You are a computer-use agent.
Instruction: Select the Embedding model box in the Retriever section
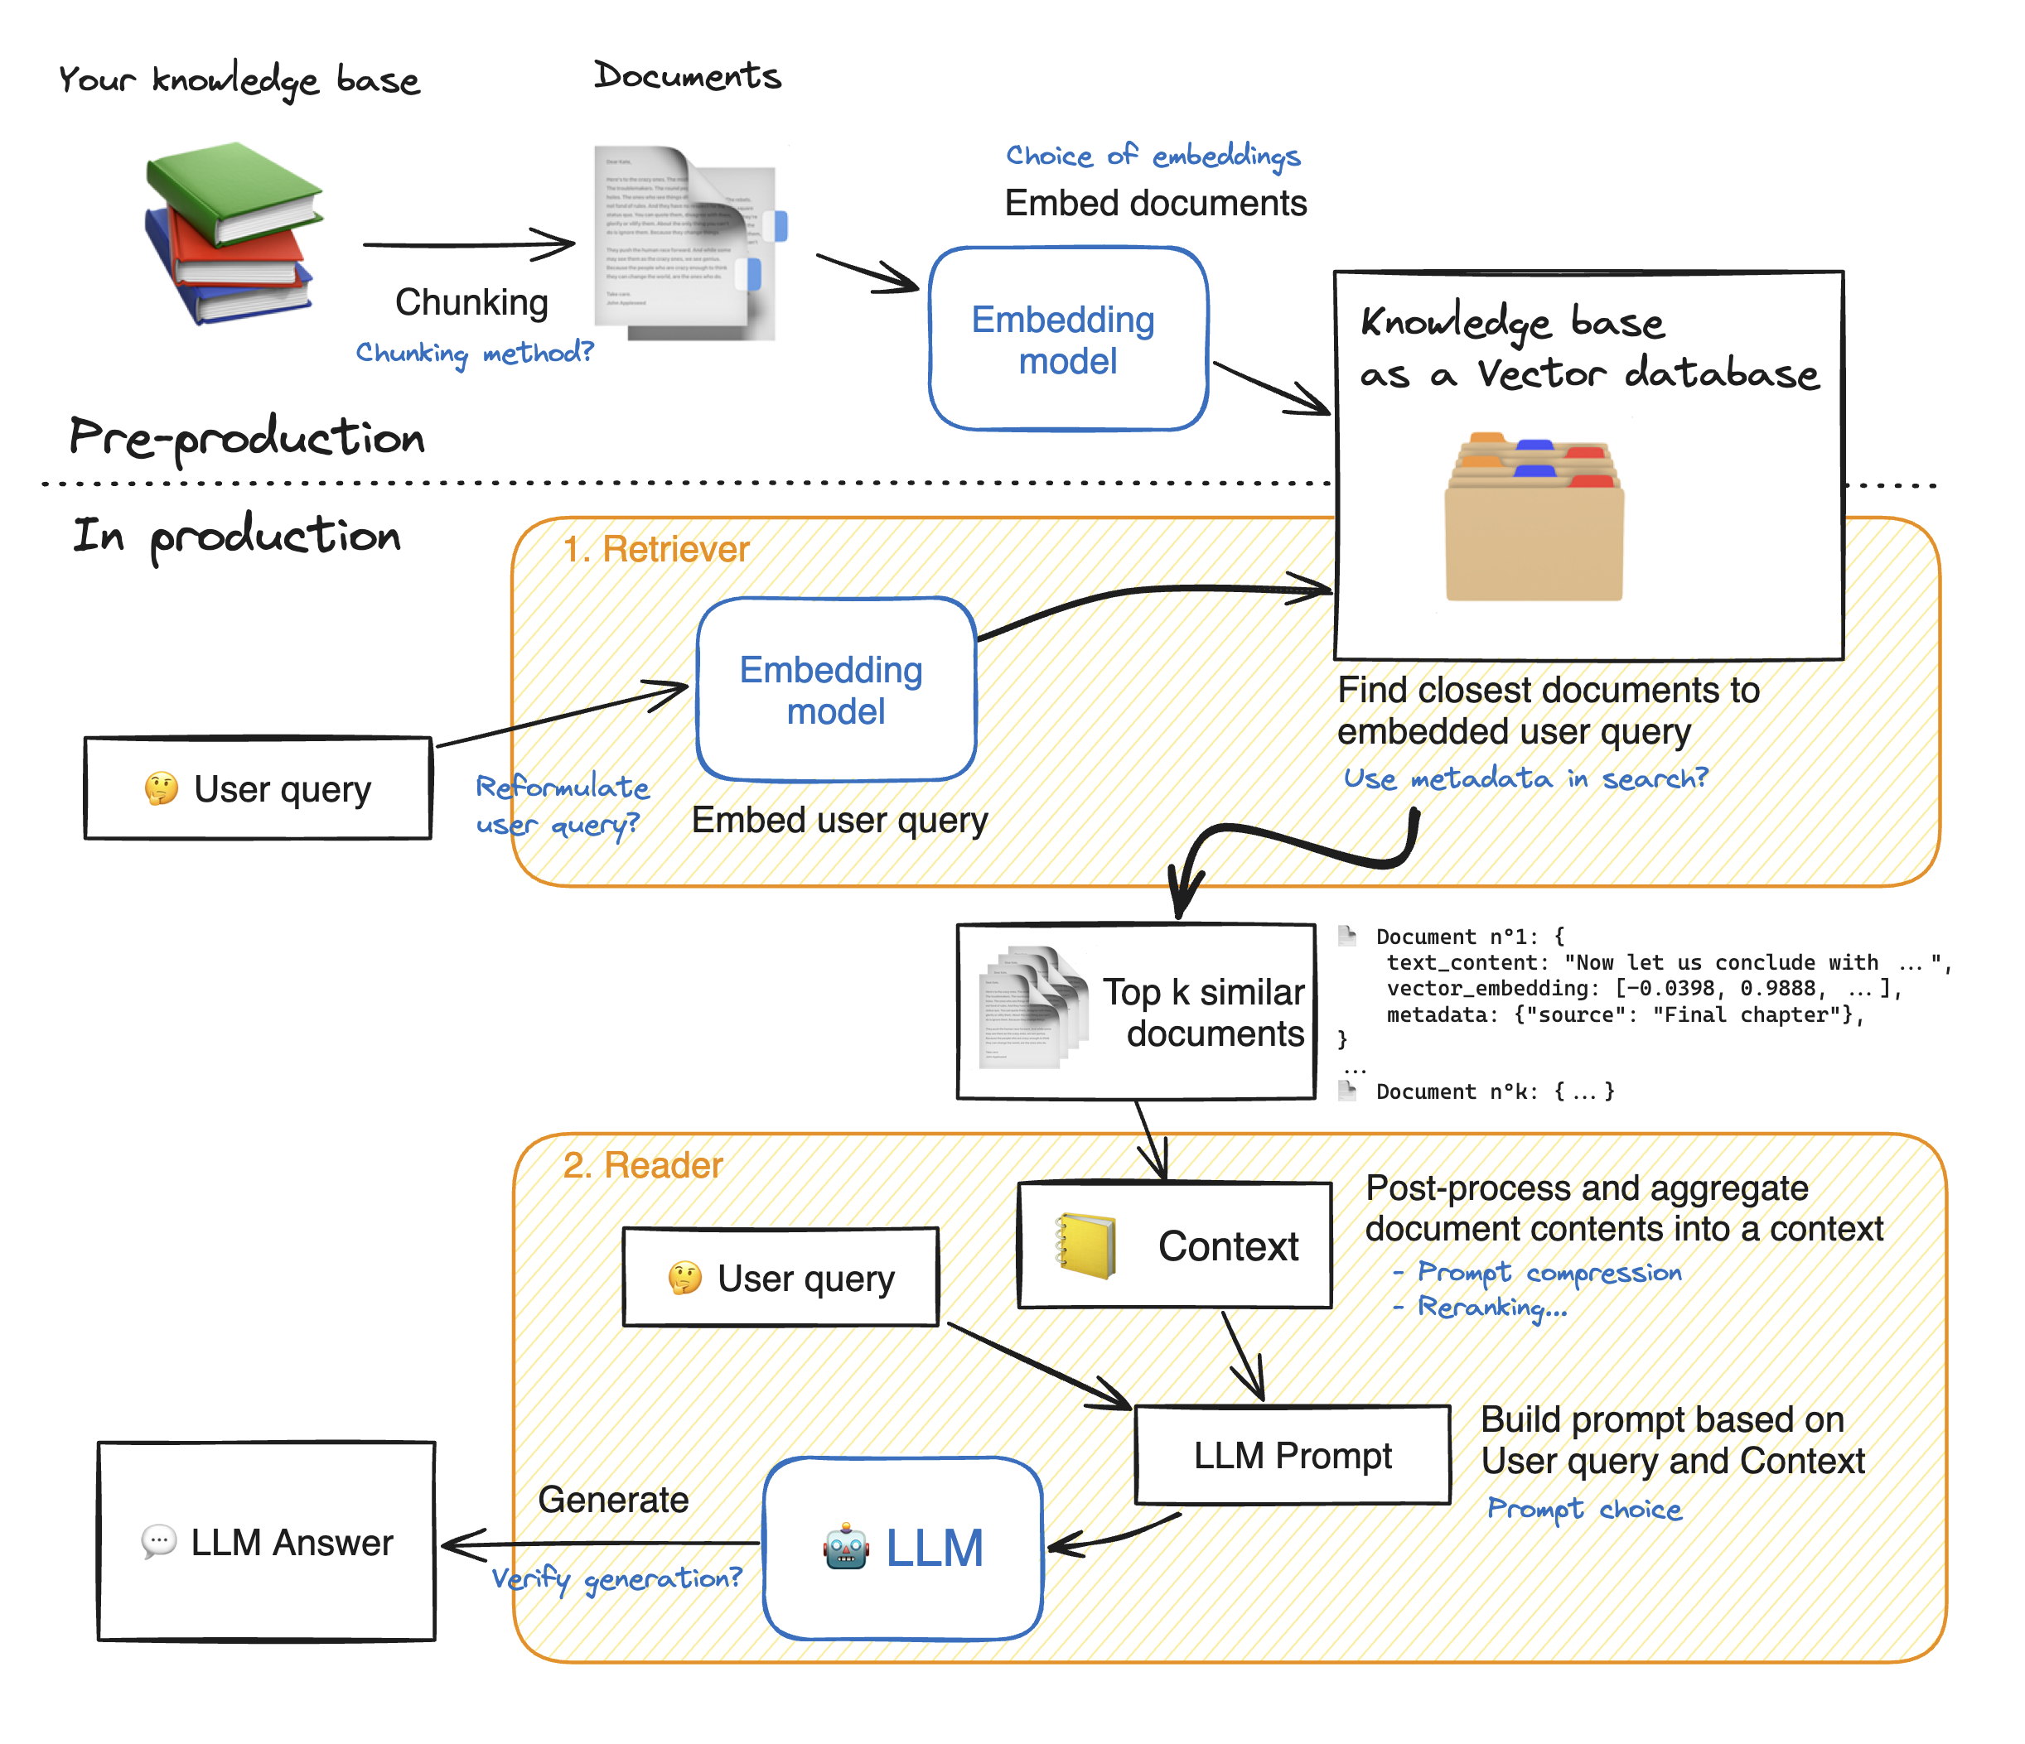click(x=836, y=690)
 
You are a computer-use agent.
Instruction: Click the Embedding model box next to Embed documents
click(x=1067, y=339)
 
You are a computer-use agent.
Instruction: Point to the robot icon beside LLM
click(x=845, y=1547)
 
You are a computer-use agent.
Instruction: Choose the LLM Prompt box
click(x=1291, y=1455)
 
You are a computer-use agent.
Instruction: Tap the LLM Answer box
click(x=266, y=1541)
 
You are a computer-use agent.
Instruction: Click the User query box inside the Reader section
click(x=780, y=1277)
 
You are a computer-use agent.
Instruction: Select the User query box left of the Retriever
click(x=258, y=788)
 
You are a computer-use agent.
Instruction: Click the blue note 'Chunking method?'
click(x=474, y=353)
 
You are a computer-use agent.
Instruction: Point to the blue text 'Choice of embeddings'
click(x=1153, y=157)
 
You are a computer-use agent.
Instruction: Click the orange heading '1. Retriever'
click(x=655, y=550)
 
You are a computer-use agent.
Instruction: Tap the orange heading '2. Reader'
click(x=642, y=1166)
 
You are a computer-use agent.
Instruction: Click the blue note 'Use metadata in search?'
click(x=1525, y=778)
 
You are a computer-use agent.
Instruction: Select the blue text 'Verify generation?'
click(x=616, y=1579)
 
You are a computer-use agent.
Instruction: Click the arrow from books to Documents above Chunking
click(x=469, y=244)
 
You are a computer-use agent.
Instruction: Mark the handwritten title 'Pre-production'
click(x=246, y=436)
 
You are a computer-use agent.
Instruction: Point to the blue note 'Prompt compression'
click(x=1548, y=1273)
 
